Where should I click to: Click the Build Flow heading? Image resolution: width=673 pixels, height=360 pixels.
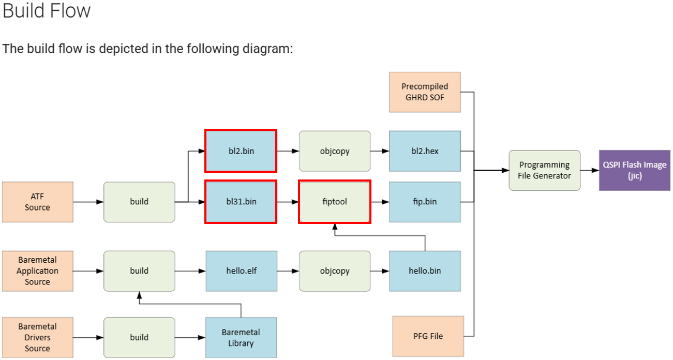(47, 11)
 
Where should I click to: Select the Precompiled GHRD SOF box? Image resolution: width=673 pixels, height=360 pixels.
(425, 92)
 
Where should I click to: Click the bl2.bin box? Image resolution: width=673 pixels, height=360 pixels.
(241, 151)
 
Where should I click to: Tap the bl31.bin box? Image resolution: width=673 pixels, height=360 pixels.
(241, 202)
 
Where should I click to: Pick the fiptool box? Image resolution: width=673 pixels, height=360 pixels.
(334, 202)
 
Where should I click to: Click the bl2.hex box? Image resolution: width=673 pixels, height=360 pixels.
(425, 151)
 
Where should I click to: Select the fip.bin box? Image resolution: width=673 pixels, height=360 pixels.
(425, 202)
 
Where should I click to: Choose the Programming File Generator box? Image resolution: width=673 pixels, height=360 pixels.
(544, 170)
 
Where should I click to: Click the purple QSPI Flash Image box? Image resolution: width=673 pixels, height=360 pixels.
(634, 170)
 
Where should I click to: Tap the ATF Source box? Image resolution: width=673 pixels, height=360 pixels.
(37, 202)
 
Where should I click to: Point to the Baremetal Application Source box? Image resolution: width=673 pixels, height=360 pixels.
(37, 271)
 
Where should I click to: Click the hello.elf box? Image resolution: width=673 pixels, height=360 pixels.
(241, 271)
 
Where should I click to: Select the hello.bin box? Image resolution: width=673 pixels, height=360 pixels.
(425, 271)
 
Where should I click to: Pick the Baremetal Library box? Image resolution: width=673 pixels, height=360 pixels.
(241, 337)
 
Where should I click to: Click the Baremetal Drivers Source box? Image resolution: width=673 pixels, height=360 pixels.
(37, 337)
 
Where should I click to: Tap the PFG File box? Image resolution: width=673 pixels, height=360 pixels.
(428, 336)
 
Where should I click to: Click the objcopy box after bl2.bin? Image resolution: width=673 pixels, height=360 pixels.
(334, 151)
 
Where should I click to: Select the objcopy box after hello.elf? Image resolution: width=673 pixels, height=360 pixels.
(334, 271)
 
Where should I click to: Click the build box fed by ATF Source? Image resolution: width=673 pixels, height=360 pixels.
(139, 202)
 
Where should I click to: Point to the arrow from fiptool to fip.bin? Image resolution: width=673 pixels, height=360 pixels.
(380, 202)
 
